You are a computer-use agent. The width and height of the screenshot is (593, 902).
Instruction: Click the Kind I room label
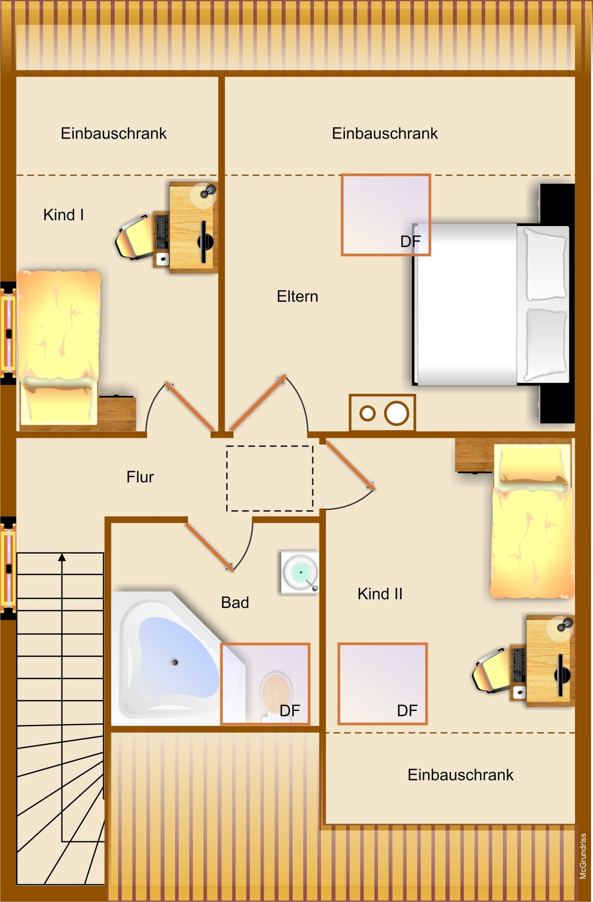click(63, 215)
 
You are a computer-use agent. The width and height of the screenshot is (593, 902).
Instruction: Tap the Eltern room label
click(298, 296)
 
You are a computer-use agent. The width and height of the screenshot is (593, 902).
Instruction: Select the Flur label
click(140, 477)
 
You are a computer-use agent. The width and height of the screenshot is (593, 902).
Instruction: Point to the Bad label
click(235, 603)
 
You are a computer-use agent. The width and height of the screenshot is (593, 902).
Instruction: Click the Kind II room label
click(380, 594)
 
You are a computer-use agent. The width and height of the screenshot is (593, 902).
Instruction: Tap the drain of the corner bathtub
click(174, 662)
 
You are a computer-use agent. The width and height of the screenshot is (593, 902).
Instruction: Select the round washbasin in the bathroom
click(301, 572)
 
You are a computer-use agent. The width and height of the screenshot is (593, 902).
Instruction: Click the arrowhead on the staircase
click(62, 557)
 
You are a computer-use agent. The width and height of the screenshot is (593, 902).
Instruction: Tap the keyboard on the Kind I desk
click(162, 232)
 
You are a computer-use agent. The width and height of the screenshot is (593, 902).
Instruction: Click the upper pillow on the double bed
click(545, 264)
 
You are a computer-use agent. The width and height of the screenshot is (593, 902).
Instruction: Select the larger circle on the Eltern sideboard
click(396, 413)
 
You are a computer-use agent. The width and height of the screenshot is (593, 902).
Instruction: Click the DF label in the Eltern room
click(410, 241)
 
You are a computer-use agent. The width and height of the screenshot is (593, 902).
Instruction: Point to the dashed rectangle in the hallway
click(269, 478)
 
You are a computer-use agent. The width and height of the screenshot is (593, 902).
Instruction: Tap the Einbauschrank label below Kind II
click(460, 775)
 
